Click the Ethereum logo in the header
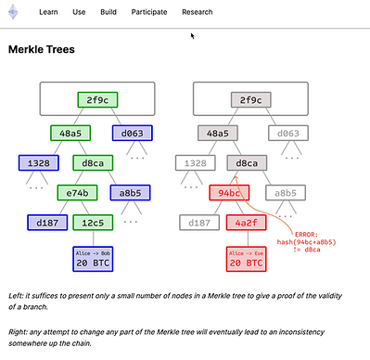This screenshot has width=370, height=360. pos(13,12)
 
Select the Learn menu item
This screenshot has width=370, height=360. pos(48,12)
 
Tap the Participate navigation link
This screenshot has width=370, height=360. pos(149,12)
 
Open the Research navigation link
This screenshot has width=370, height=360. pos(198,12)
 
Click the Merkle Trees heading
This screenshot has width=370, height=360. pos(42,49)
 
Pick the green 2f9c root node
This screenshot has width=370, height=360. pos(97,100)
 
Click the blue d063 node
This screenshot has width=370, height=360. pos(133,133)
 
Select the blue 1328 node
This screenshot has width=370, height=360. pos(39,163)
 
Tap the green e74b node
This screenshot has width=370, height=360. pos(77,193)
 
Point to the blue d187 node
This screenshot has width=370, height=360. pos(47,223)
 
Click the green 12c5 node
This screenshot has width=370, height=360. pos(93,223)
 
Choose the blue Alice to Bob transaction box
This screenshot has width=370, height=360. pos(93,259)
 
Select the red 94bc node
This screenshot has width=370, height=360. pos(229,193)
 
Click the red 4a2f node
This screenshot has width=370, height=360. pos(246,223)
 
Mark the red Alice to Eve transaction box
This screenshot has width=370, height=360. pos(246,259)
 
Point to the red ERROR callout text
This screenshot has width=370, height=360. pos(306,242)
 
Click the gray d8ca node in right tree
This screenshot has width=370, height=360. pos(247,163)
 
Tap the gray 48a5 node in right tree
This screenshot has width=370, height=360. pos(218,133)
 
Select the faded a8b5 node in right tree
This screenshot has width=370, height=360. pos(286,193)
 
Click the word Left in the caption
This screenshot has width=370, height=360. pos(15,296)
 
